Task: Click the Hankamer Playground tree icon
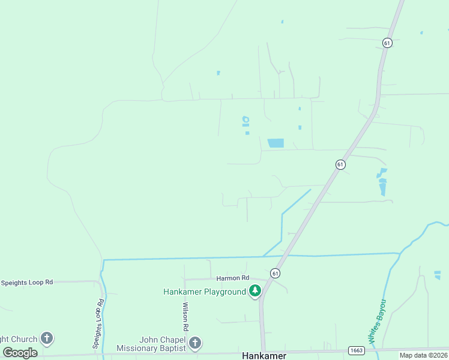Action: tap(255, 291)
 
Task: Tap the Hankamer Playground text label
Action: tap(205, 292)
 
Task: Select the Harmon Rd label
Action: tap(232, 278)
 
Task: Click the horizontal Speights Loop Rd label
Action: tap(27, 282)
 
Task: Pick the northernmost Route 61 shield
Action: tap(387, 43)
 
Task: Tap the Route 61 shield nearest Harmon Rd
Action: tap(275, 272)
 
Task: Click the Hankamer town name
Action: tap(264, 355)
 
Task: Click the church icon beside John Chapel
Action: tap(194, 343)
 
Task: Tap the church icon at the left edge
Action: tap(47, 338)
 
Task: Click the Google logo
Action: tap(20, 353)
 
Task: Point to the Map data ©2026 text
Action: tap(423, 355)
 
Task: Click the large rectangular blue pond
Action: tap(276, 143)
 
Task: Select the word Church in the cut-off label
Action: tap(23, 340)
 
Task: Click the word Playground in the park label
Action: tap(224, 292)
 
